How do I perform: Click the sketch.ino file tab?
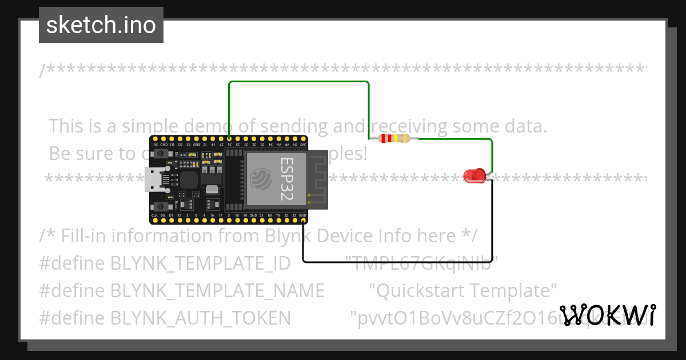[101, 25]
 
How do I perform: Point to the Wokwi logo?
[607, 315]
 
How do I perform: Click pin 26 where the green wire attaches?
[229, 138]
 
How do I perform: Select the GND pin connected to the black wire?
[303, 220]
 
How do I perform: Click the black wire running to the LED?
[400, 262]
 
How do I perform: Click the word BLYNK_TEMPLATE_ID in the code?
[200, 263]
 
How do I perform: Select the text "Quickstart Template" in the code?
[463, 290]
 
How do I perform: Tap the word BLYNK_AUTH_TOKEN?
[200, 318]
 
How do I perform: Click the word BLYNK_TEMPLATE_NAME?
[217, 290]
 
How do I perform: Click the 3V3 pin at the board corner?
[303, 138]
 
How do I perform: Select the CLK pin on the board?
[154, 220]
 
